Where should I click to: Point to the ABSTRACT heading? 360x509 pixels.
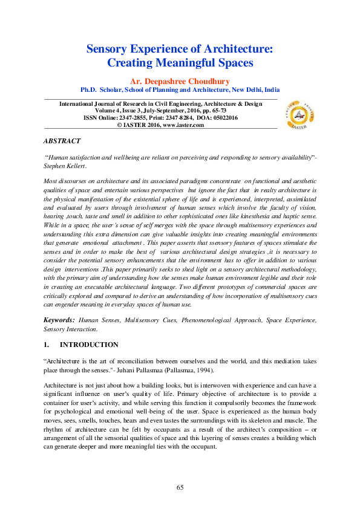point(62,141)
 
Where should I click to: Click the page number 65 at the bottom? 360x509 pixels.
point(180,488)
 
